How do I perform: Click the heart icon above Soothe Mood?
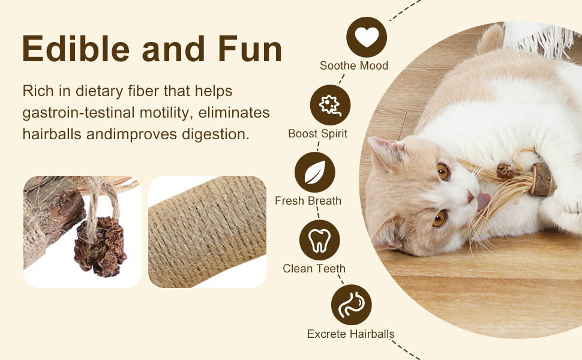(367, 37)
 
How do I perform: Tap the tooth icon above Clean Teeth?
(320, 240)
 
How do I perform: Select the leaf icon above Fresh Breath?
(315, 172)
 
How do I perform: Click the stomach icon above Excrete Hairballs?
(351, 305)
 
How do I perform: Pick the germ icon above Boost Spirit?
(330, 105)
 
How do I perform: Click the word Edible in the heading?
(76, 49)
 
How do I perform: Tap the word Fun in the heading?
(250, 49)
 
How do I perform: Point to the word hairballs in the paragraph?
(52, 134)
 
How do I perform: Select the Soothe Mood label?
(354, 65)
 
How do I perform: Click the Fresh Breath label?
(308, 201)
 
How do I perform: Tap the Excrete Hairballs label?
(351, 334)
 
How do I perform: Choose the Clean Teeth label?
(314, 268)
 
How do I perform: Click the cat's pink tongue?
(483, 202)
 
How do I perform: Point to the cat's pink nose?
(470, 196)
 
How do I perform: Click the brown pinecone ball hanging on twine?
(100, 246)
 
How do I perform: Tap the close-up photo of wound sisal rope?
(207, 232)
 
